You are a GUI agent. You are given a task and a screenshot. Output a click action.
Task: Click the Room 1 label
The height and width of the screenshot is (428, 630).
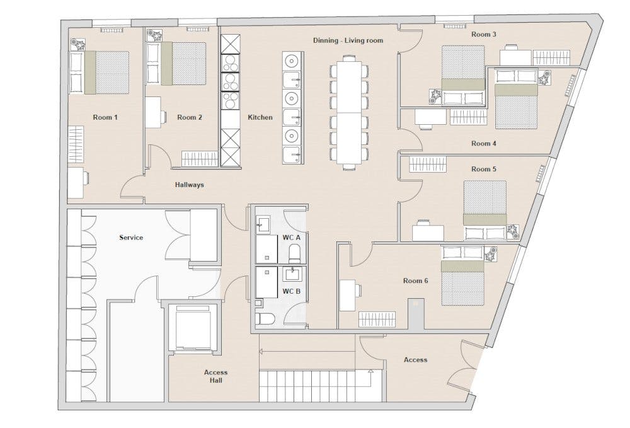[x=105, y=117]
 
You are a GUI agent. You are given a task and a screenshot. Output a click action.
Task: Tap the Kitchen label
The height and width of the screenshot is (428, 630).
[x=260, y=117]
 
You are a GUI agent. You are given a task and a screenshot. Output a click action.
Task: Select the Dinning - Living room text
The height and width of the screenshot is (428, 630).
[x=348, y=40]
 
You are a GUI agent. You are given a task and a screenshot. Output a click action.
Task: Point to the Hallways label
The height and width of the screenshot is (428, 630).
[x=189, y=185]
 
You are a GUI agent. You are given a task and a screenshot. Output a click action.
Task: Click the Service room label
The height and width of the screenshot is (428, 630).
[x=131, y=238]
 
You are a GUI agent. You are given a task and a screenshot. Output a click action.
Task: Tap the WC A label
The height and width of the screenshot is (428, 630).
[x=291, y=238]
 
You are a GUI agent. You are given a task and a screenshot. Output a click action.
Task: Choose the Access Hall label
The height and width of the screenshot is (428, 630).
[x=215, y=376]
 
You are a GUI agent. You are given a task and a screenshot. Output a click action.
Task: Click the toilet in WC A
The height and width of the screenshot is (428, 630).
[x=294, y=253]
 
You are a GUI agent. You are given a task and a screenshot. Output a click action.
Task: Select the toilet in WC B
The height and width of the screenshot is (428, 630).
[x=266, y=319]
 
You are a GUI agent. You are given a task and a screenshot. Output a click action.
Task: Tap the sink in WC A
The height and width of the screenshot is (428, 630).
[x=263, y=224]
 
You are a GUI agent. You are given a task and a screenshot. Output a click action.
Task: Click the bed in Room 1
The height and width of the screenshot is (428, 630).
[x=106, y=72]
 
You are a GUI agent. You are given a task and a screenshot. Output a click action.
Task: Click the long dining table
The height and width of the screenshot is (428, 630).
[x=349, y=112]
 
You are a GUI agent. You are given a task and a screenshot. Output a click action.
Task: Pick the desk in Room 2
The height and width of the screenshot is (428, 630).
[x=153, y=113]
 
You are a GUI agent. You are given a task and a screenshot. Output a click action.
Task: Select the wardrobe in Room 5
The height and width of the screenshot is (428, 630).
[x=428, y=165]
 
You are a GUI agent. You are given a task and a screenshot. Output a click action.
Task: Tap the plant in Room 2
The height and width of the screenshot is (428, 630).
[x=154, y=35]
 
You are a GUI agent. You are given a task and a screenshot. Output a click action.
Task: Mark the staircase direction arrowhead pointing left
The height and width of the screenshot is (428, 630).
[x=261, y=352]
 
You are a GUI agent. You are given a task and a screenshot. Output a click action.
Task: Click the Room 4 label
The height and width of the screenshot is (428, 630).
[x=484, y=144]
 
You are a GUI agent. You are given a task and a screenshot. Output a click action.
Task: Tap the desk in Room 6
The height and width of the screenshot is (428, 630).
[x=348, y=296]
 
